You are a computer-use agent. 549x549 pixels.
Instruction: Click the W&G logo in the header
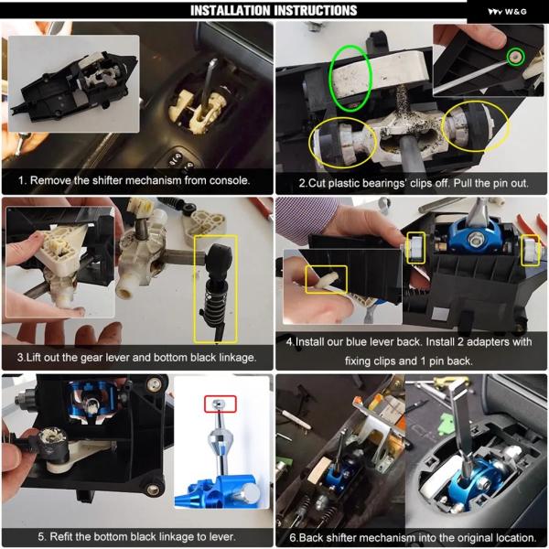click(507, 12)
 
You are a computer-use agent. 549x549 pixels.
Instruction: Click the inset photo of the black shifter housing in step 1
click(73, 83)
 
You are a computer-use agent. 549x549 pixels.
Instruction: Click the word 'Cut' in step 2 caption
click(315, 184)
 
